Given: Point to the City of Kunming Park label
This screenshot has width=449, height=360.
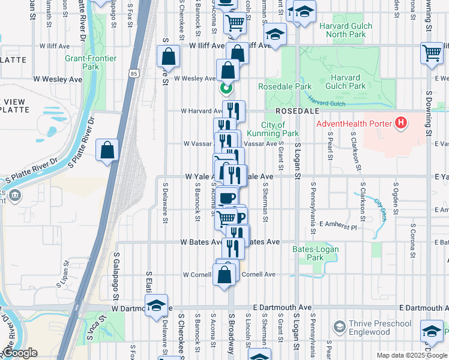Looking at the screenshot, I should pos(280,129).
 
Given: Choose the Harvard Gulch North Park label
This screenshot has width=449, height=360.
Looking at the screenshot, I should pos(345,30).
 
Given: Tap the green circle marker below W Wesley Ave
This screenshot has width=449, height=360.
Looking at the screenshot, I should pos(226,89).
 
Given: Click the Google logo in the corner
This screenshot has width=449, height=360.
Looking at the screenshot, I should pos(19,353).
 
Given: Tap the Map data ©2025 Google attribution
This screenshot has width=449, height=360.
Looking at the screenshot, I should pos(412,355).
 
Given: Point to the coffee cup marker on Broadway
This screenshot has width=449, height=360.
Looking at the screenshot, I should pos(226,197).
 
